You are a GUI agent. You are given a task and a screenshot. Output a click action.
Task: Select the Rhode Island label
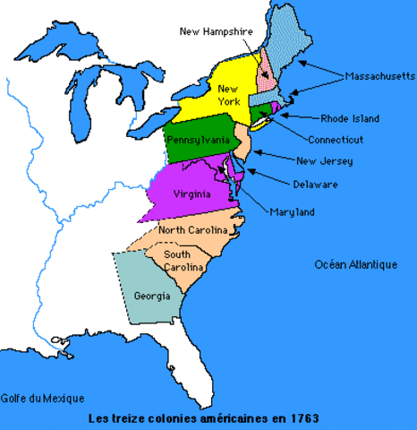pyautogui.click(x=350, y=118)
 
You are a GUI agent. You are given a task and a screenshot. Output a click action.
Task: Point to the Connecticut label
pyautogui.click(x=335, y=140)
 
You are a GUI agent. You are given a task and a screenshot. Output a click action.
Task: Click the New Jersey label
pyautogui.click(x=324, y=161)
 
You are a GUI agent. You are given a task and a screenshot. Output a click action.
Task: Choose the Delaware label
pyautogui.click(x=314, y=185)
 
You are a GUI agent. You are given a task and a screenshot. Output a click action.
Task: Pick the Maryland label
pyautogui.click(x=292, y=211)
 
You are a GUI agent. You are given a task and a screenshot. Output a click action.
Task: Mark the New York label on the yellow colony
pyautogui.click(x=228, y=94)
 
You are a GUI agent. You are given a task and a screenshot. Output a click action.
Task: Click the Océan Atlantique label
pyautogui.click(x=355, y=264)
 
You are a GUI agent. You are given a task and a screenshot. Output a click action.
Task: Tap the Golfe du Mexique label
pyautogui.click(x=42, y=398)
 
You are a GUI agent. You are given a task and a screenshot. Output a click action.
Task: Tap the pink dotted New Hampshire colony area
pyautogui.click(x=266, y=77)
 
